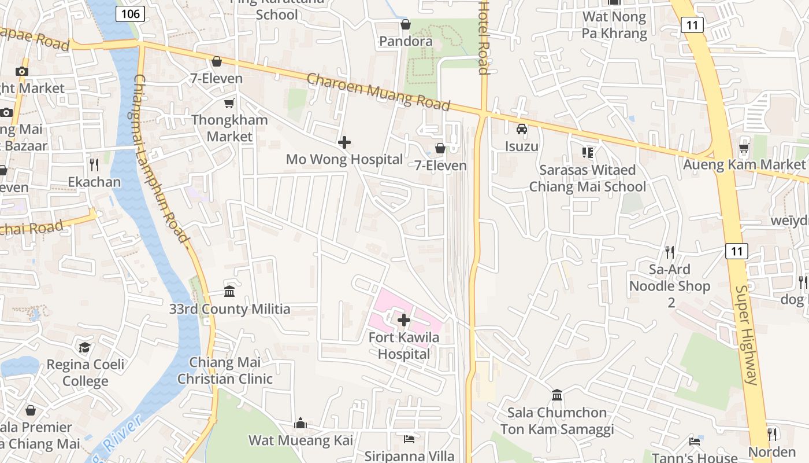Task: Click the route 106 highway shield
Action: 130,13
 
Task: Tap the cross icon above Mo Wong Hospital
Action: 344,142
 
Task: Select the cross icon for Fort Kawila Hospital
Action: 404,319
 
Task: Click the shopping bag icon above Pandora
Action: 406,24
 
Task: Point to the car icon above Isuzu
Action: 522,129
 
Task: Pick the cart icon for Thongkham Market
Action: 229,103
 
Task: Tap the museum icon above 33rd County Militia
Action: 229,291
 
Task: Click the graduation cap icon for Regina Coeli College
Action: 85,347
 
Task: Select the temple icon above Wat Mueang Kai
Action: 300,424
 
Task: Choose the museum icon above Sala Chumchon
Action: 557,395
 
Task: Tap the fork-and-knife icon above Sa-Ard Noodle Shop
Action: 670,252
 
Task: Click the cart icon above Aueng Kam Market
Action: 744,148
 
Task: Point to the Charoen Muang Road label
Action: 378,91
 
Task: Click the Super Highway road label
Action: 747,336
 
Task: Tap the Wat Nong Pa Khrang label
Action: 614,25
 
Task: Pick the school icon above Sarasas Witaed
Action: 588,153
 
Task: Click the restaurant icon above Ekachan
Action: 95,165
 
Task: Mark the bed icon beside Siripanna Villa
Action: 409,439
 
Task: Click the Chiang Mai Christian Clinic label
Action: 225,371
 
